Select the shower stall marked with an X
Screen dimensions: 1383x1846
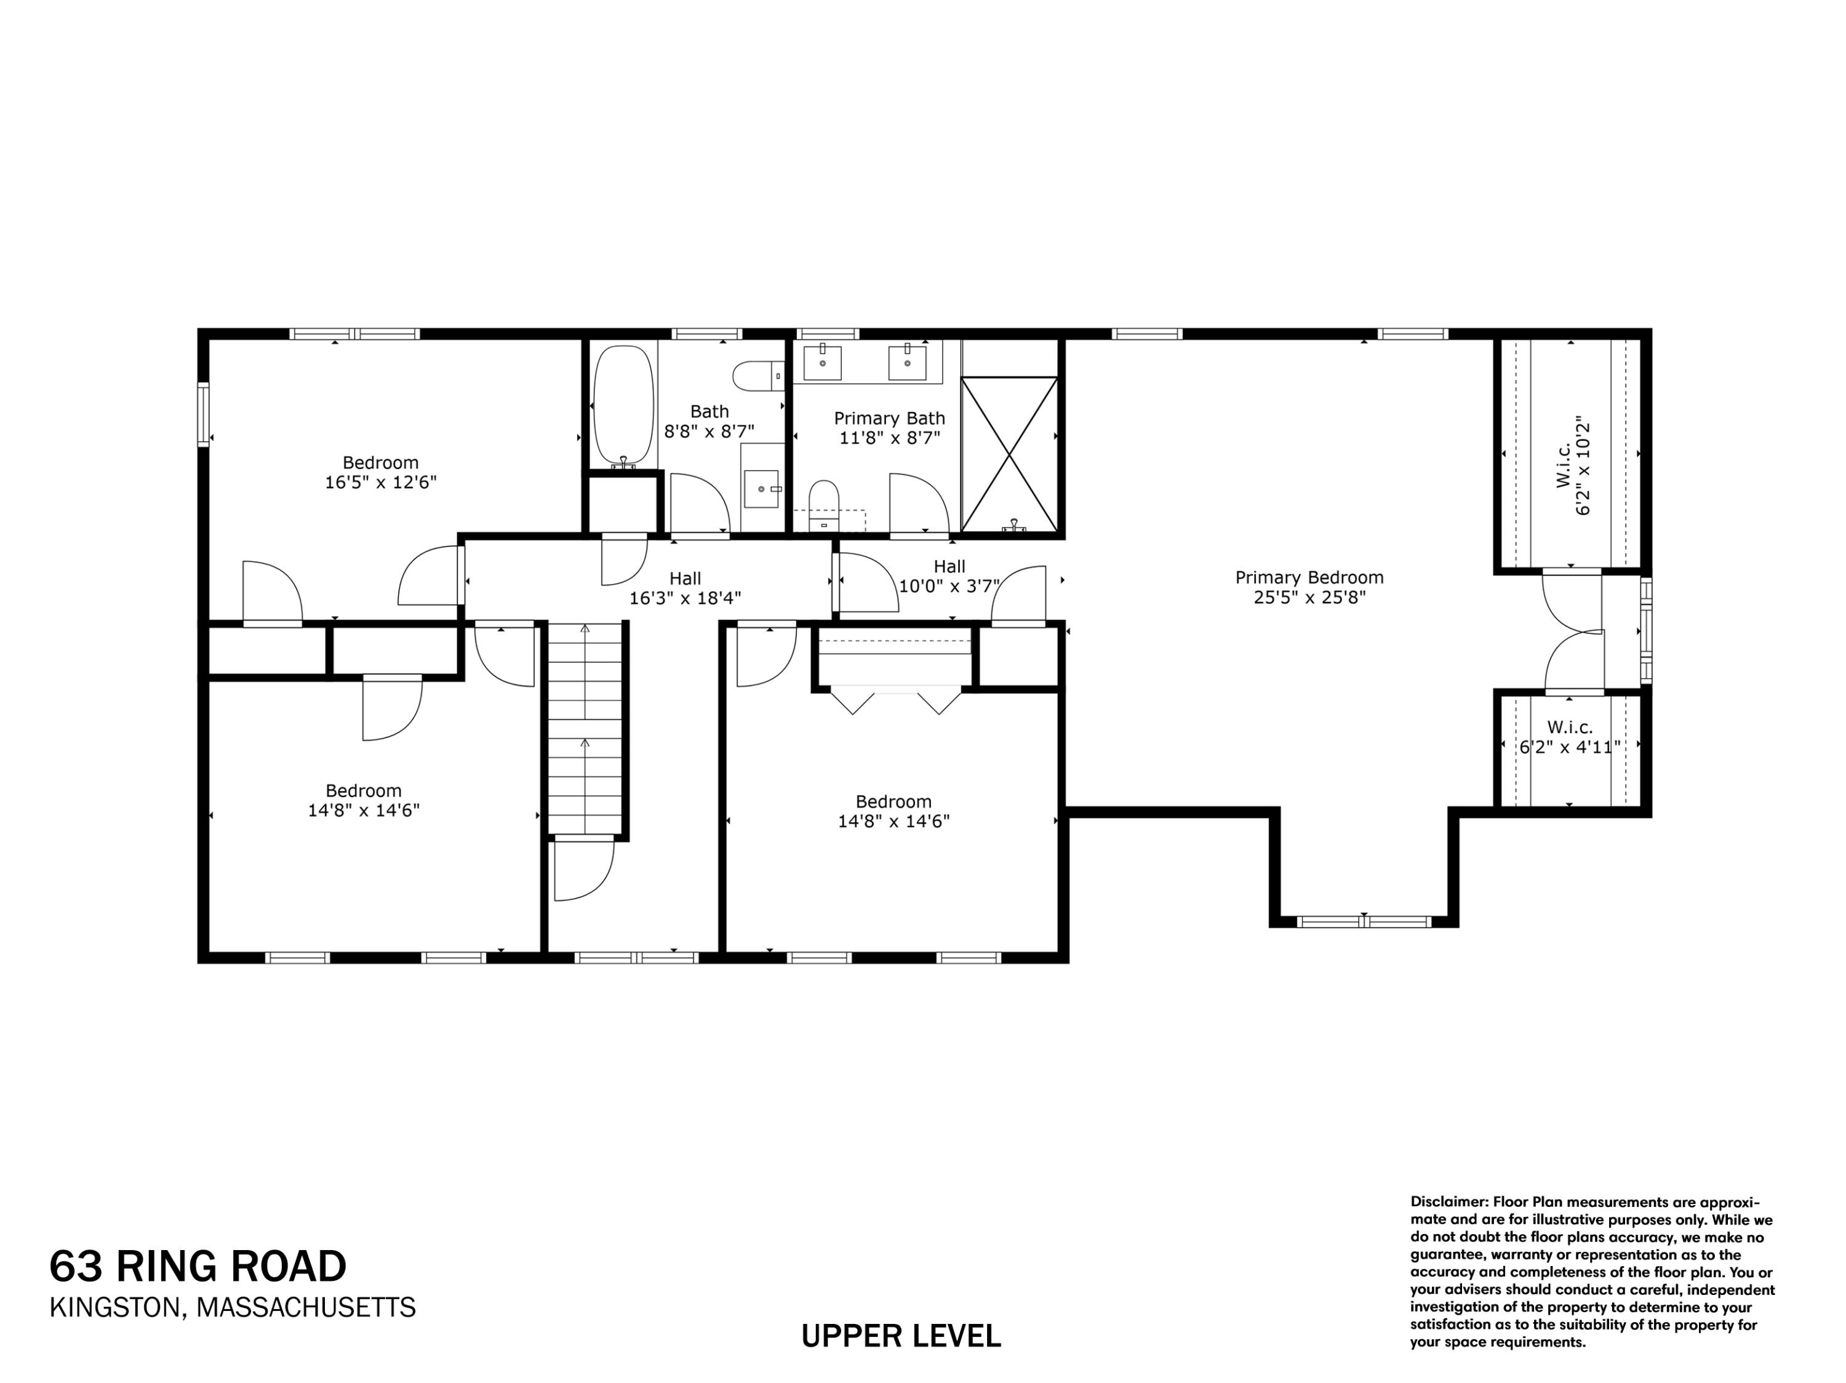click(1010, 454)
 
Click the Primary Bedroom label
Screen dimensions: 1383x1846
click(1309, 577)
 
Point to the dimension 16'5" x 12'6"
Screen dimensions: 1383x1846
click(380, 483)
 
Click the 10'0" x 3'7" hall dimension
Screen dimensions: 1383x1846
click(949, 586)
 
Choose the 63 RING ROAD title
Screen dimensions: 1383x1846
click(198, 1266)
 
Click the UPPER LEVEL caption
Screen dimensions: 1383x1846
click(900, 1336)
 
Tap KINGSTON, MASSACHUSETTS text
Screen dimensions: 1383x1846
click(233, 1307)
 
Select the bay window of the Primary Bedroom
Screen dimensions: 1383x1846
click(1364, 921)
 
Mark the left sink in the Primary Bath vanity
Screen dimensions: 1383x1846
click(822, 363)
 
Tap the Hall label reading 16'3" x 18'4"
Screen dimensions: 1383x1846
click(685, 588)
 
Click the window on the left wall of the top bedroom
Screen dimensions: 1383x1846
click(203, 414)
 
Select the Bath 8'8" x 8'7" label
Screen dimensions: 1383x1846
click(709, 422)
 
